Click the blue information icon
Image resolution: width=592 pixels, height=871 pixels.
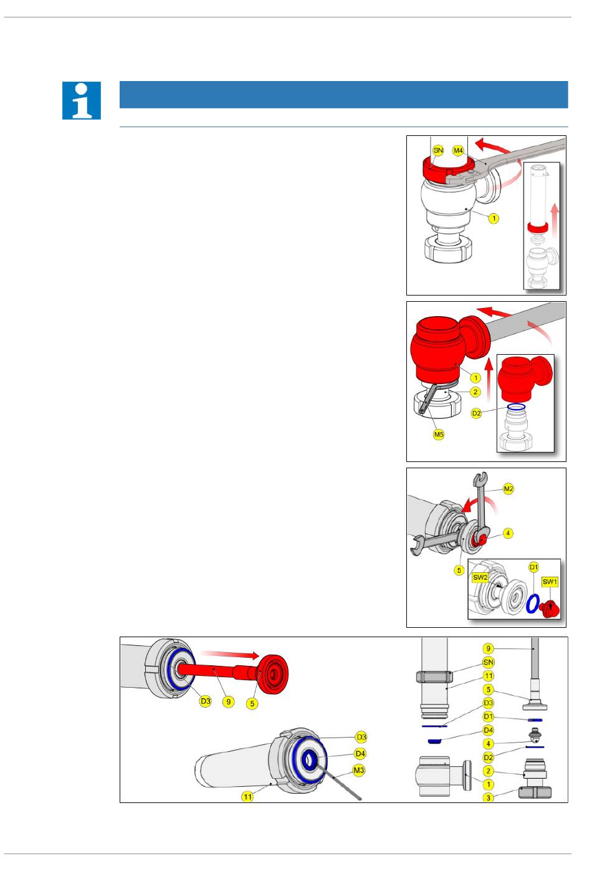click(x=82, y=100)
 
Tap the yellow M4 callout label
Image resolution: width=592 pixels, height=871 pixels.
click(x=458, y=150)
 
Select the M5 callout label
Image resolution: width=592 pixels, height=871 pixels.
click(x=439, y=435)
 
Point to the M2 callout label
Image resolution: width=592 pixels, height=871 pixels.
click(x=508, y=489)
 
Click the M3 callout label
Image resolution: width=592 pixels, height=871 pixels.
click(x=359, y=769)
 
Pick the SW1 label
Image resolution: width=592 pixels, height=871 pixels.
click(x=550, y=582)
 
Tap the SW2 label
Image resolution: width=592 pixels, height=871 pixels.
click(x=480, y=577)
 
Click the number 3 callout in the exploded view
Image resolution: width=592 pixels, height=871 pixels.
click(x=488, y=798)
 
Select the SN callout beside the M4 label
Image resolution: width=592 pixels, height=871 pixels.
click(x=438, y=150)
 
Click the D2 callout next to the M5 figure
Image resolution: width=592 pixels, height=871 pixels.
click(x=477, y=413)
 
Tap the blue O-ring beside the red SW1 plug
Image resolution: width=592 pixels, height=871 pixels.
click(x=533, y=604)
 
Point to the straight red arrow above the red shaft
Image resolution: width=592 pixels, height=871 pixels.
click(x=230, y=655)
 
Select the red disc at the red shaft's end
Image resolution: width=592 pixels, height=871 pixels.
click(x=274, y=674)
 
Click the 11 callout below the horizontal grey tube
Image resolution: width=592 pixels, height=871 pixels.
click(x=247, y=797)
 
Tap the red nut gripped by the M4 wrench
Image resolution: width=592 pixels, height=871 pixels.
click(x=447, y=170)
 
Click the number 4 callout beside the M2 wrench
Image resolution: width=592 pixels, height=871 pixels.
click(x=508, y=533)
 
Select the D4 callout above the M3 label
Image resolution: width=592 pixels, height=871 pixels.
click(x=360, y=754)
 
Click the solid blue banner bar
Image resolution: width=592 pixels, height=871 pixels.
click(x=343, y=95)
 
